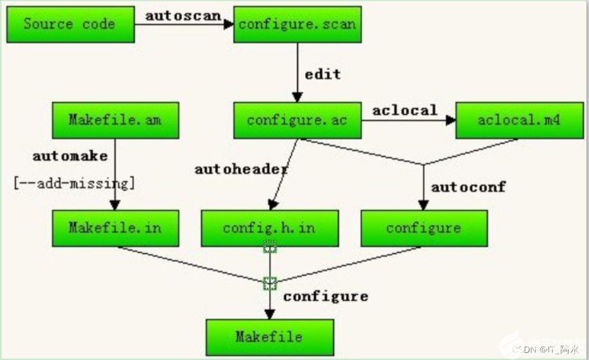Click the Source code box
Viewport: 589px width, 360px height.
click(x=70, y=25)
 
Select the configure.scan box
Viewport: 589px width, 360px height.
click(x=297, y=25)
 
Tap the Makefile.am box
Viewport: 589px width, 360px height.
click(x=115, y=120)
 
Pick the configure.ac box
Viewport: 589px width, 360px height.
click(x=297, y=120)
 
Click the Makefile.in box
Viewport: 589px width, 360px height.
click(x=115, y=228)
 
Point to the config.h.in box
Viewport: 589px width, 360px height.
click(x=269, y=228)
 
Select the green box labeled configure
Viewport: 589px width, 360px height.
click(x=424, y=228)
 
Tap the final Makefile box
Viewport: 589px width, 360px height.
click(x=269, y=337)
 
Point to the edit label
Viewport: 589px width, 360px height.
click(x=322, y=74)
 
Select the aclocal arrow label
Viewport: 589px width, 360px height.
click(x=405, y=110)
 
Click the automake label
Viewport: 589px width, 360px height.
click(x=70, y=156)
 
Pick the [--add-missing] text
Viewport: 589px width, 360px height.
click(x=74, y=184)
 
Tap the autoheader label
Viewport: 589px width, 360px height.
click(x=241, y=170)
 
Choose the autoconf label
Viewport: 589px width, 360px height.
click(x=468, y=187)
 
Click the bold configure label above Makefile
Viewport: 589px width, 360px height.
click(x=326, y=297)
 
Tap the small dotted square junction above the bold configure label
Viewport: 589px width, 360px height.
click(x=270, y=282)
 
